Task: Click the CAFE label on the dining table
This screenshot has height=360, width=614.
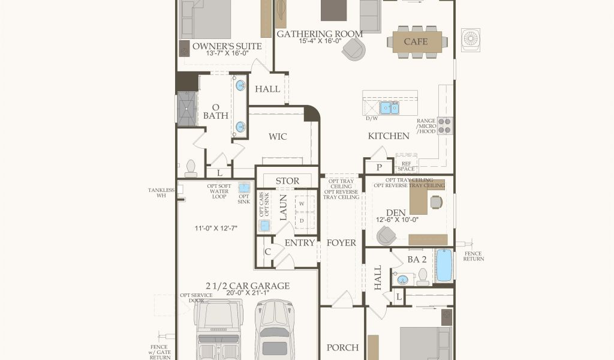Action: pos(416,41)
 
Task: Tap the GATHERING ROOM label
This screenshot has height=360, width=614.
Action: pos(320,34)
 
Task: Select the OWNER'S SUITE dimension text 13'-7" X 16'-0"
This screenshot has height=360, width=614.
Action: pos(227,53)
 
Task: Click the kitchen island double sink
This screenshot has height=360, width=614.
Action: pos(389,108)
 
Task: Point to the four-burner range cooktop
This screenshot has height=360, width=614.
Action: pos(445,126)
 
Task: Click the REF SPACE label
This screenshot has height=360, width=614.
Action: pos(406,166)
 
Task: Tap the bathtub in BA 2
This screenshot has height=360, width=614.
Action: pos(444,265)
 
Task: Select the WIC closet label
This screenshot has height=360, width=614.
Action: pos(278,137)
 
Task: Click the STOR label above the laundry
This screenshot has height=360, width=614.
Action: pos(287,181)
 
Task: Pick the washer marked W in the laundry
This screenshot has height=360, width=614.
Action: pos(302,203)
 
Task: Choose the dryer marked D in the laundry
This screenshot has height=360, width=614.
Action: pos(302,221)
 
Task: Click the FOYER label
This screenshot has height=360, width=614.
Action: pos(341,243)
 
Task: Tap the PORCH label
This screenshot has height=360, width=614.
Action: pos(342,347)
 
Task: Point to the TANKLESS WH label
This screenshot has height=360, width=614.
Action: pos(161,193)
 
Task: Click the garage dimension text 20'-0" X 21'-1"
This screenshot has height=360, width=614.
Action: pos(248,293)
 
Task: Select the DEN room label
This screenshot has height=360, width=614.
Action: pos(396,213)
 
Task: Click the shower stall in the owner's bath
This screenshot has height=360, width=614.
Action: pos(186,109)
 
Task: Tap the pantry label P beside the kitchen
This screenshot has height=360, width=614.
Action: pos(379,167)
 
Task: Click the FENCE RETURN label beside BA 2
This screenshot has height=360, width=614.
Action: pos(474,256)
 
